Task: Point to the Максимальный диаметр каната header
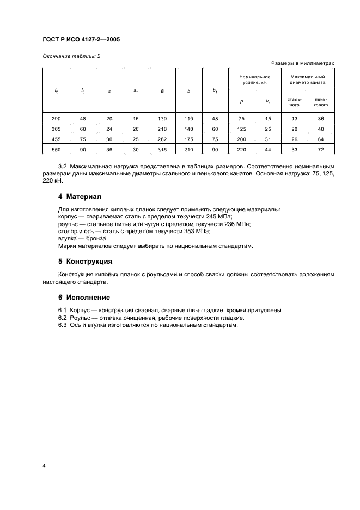[x=308, y=80]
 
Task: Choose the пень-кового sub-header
[x=321, y=102]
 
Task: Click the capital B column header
[x=162, y=91]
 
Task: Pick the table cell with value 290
[x=56, y=118]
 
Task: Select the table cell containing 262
[x=162, y=139]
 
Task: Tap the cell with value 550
[x=56, y=149]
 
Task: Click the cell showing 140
[x=188, y=129]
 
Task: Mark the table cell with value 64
[x=321, y=139]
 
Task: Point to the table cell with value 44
[x=268, y=149]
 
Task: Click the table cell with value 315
[x=162, y=149]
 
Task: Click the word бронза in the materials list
[x=97, y=239]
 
